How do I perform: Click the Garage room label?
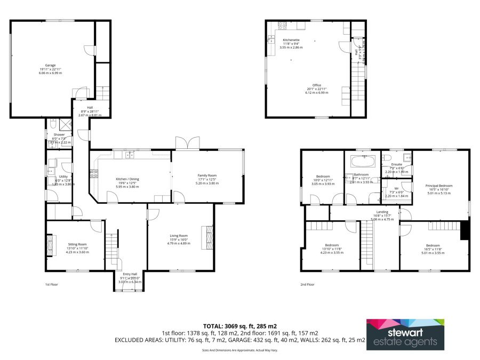(50, 65)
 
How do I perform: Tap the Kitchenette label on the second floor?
(291, 41)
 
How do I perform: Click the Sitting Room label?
(77, 244)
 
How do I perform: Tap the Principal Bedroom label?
(438, 186)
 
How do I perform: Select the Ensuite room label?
(396, 164)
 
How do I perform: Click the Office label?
(317, 85)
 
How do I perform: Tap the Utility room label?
(63, 177)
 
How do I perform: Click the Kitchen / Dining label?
(127, 179)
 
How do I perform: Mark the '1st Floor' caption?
(52, 285)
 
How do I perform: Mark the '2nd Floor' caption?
(307, 285)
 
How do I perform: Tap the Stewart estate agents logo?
(405, 334)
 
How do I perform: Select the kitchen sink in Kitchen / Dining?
(130, 155)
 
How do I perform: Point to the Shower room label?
(59, 135)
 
